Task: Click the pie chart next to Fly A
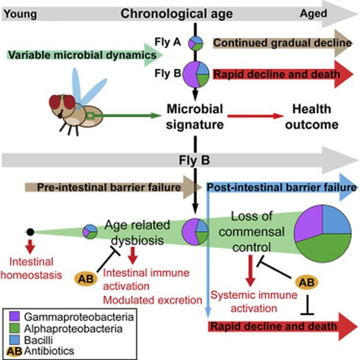pos(196,43)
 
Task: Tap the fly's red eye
pos(68,102)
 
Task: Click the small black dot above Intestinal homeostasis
pos(30,232)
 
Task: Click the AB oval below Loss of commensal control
pos(305,282)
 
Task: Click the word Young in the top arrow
pos(19,13)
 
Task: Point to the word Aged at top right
pos(313,13)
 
